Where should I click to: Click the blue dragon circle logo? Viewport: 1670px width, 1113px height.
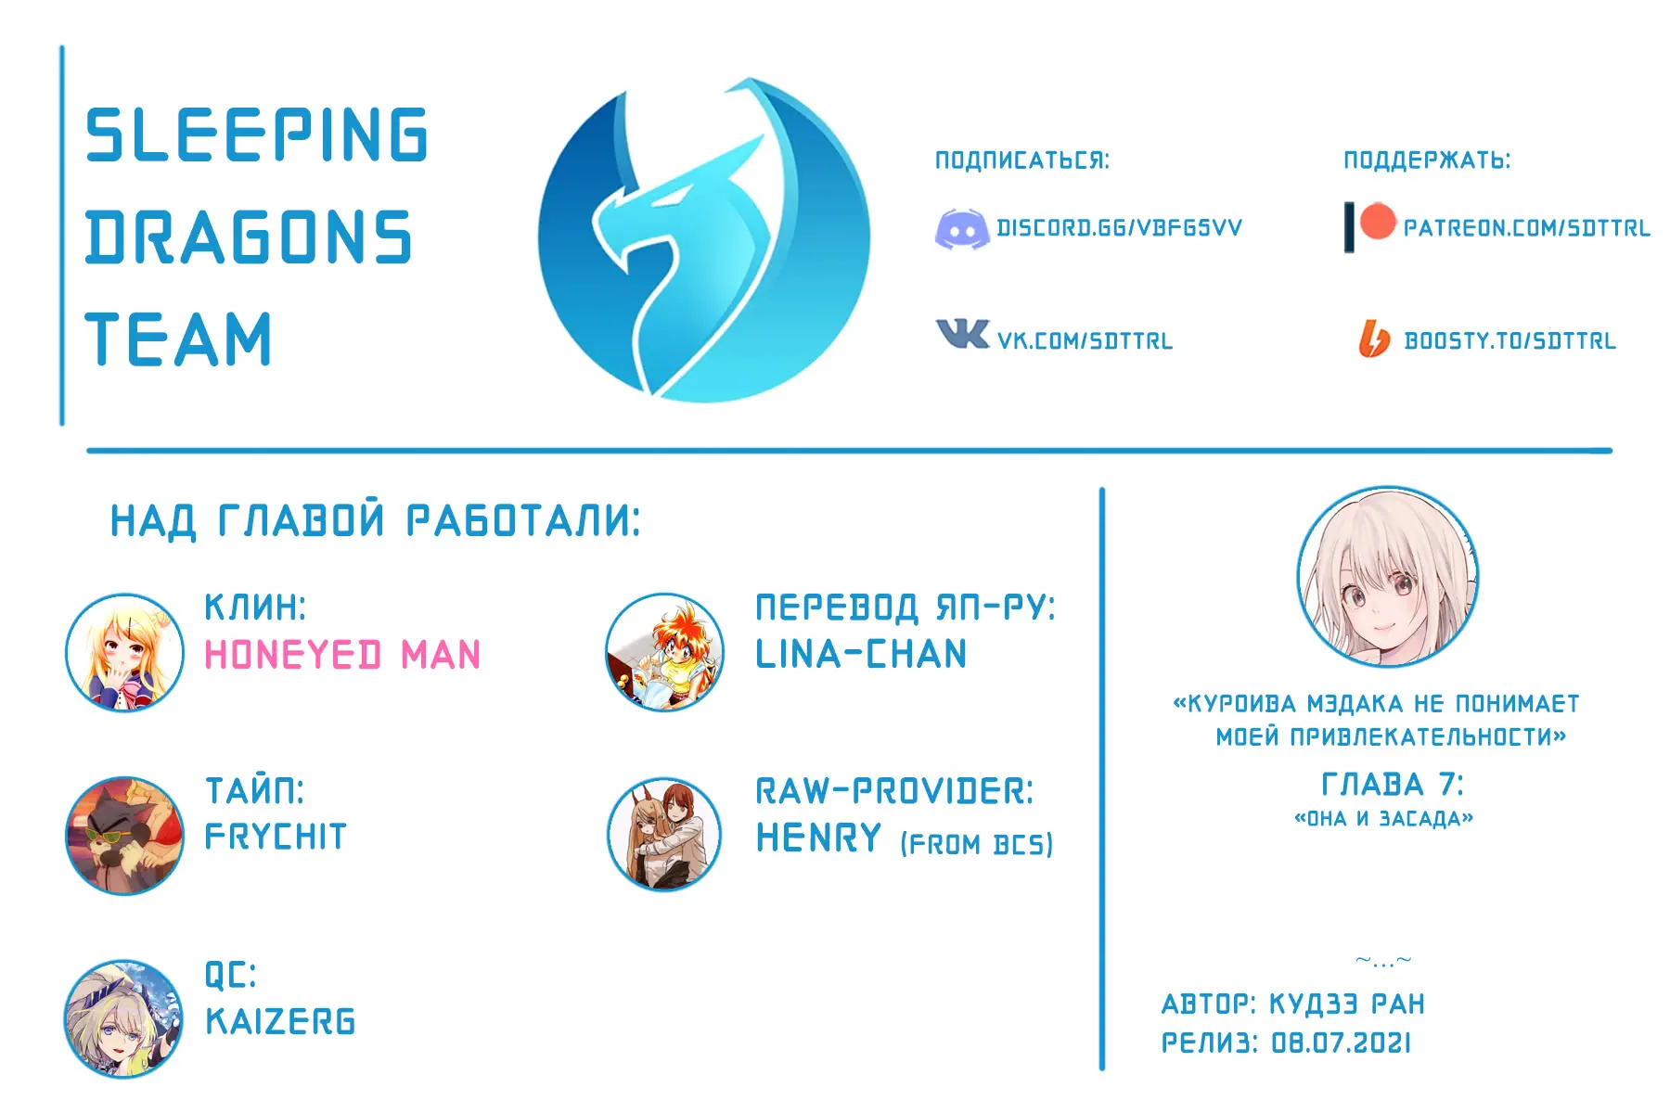tap(704, 240)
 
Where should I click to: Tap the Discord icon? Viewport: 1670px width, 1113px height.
tap(961, 229)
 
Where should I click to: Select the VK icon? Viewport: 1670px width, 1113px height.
tap(962, 333)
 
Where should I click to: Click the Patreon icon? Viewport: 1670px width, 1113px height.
tap(1370, 226)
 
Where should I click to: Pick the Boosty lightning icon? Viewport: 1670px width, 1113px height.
tap(1374, 339)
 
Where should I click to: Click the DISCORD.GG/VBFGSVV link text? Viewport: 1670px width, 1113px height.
tap(1119, 228)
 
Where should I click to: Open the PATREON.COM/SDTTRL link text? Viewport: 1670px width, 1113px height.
tap(1526, 228)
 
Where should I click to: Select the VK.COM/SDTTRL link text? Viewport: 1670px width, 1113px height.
tap(1085, 341)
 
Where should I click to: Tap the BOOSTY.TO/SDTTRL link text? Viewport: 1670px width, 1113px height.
tap(1509, 341)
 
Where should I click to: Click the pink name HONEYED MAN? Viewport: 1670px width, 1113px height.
tap(342, 655)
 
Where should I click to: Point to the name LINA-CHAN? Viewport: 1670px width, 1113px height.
tap(861, 655)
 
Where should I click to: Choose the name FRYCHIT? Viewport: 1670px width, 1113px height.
tap(276, 837)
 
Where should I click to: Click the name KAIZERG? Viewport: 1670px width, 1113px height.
tap(280, 1022)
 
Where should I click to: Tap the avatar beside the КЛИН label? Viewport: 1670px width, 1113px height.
tap(124, 653)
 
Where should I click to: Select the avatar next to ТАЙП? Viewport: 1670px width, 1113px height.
tap(124, 836)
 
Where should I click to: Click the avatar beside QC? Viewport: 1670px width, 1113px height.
tap(124, 1018)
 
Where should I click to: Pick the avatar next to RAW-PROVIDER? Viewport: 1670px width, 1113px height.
tap(664, 835)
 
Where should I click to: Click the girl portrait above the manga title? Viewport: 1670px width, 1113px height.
tap(1387, 577)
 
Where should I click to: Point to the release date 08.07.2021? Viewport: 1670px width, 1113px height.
tap(1341, 1043)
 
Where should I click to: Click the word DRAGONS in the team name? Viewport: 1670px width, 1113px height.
tap(249, 237)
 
